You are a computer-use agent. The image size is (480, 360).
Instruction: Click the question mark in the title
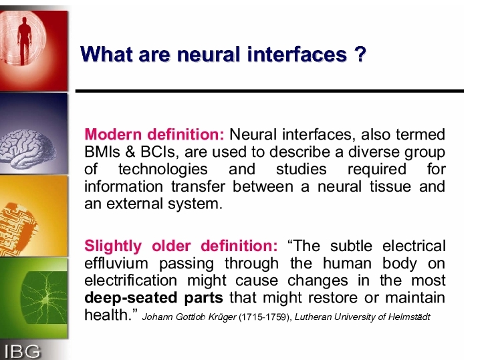[361, 54]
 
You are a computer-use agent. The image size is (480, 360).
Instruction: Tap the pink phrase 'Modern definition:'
[154, 134]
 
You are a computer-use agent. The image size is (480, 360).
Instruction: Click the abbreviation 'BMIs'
[102, 152]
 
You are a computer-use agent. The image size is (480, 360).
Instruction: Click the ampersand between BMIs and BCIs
[130, 152]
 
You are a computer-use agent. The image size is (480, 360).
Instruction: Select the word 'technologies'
[163, 170]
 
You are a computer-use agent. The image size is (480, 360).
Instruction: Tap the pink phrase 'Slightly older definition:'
[181, 246]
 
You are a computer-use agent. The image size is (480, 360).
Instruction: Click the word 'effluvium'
[116, 263]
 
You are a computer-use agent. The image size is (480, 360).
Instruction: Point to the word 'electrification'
[131, 281]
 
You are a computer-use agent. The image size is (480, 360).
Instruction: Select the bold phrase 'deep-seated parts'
[154, 298]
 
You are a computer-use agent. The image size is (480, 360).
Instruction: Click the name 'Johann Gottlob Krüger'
[189, 317]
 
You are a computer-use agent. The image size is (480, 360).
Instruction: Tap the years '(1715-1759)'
[265, 317]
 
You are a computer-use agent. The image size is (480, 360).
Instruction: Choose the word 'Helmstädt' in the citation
[409, 317]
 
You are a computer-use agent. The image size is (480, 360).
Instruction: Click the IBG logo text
[22, 351]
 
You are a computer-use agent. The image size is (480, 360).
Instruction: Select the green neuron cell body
[46, 300]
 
